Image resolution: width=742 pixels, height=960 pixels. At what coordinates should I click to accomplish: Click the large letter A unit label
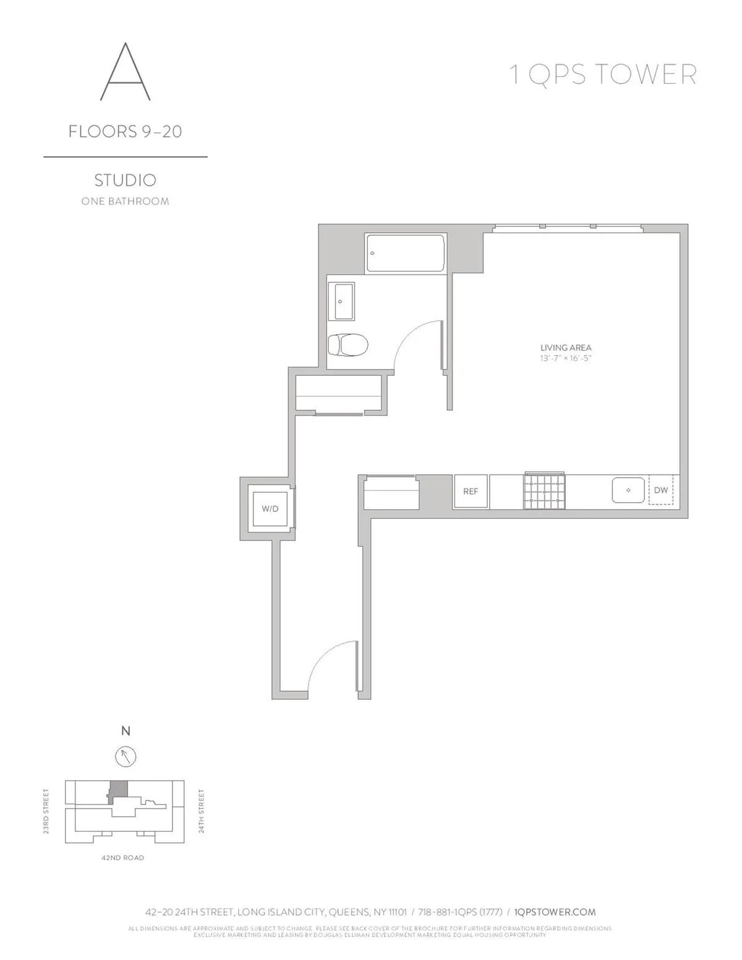pyautogui.click(x=125, y=72)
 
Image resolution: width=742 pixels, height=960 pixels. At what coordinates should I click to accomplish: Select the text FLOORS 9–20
pyautogui.click(x=125, y=132)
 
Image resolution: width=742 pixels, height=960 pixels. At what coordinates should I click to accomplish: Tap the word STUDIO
pyautogui.click(x=125, y=180)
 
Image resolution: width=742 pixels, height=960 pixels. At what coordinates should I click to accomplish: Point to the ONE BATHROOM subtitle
pyautogui.click(x=125, y=202)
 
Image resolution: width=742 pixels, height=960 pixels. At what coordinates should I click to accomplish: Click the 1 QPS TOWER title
pyautogui.click(x=602, y=75)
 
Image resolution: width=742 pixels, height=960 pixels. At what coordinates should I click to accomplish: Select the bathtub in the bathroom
pyautogui.click(x=406, y=253)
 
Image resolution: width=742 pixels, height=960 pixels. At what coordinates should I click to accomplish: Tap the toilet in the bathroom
pyautogui.click(x=347, y=344)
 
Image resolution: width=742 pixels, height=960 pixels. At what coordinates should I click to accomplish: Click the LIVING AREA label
pyautogui.click(x=566, y=348)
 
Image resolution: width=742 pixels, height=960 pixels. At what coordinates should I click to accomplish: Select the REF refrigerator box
pyautogui.click(x=471, y=491)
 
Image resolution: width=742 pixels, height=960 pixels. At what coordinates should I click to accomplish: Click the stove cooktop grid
pyautogui.click(x=545, y=491)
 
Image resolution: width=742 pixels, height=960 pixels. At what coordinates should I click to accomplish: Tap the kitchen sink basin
pyautogui.click(x=629, y=491)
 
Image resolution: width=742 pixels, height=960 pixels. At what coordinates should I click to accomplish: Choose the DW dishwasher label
pyautogui.click(x=661, y=491)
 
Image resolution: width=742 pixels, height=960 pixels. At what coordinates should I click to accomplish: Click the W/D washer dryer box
pyautogui.click(x=270, y=509)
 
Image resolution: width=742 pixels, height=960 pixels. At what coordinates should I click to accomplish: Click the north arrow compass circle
pyautogui.click(x=126, y=756)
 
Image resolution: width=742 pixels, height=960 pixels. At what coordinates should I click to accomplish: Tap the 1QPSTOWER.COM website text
pyautogui.click(x=555, y=912)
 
